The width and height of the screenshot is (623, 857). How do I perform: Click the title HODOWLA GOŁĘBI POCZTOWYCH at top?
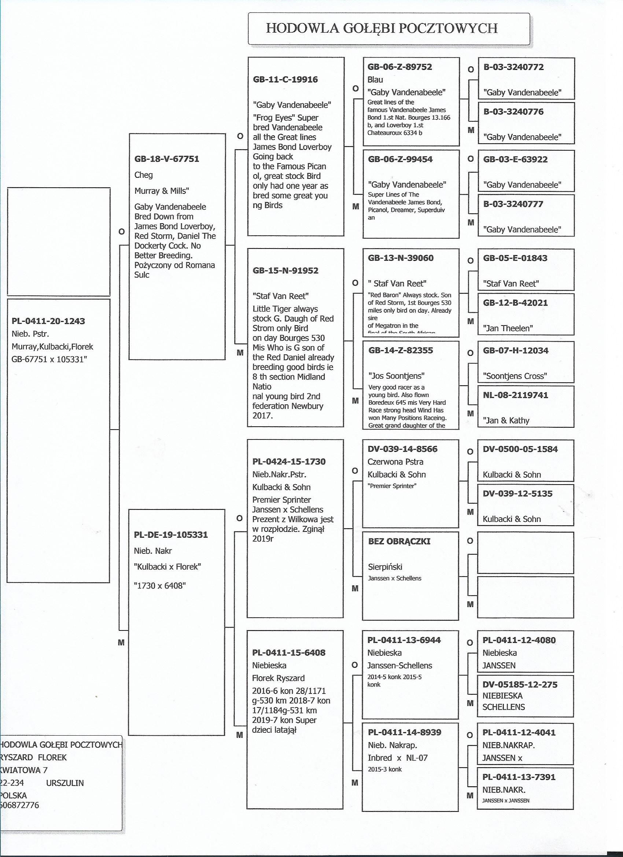click(381, 28)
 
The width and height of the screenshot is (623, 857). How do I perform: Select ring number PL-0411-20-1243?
click(48, 321)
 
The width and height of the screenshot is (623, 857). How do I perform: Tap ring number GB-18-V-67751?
click(167, 159)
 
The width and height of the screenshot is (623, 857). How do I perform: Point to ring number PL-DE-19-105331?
click(171, 535)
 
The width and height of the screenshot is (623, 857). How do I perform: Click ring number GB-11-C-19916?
click(285, 79)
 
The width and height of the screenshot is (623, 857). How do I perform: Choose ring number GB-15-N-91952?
click(285, 271)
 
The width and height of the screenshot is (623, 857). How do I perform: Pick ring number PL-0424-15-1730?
click(289, 461)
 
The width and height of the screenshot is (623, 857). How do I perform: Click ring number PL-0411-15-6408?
click(289, 652)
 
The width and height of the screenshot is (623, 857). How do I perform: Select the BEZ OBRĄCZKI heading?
click(399, 541)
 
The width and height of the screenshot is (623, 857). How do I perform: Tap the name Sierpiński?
click(385, 567)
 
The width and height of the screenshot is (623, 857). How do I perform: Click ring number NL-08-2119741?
click(515, 395)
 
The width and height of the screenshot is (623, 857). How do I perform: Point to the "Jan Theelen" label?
click(508, 328)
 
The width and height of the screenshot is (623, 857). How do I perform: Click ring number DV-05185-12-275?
click(520, 684)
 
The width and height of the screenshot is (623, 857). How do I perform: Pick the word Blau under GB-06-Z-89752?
click(375, 80)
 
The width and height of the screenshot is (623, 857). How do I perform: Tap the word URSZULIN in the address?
click(64, 783)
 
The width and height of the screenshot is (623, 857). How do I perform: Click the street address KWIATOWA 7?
click(24, 770)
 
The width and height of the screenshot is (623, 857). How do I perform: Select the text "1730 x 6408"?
click(160, 586)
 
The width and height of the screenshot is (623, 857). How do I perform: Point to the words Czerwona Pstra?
click(395, 462)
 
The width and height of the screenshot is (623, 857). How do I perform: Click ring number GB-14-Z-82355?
click(401, 350)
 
